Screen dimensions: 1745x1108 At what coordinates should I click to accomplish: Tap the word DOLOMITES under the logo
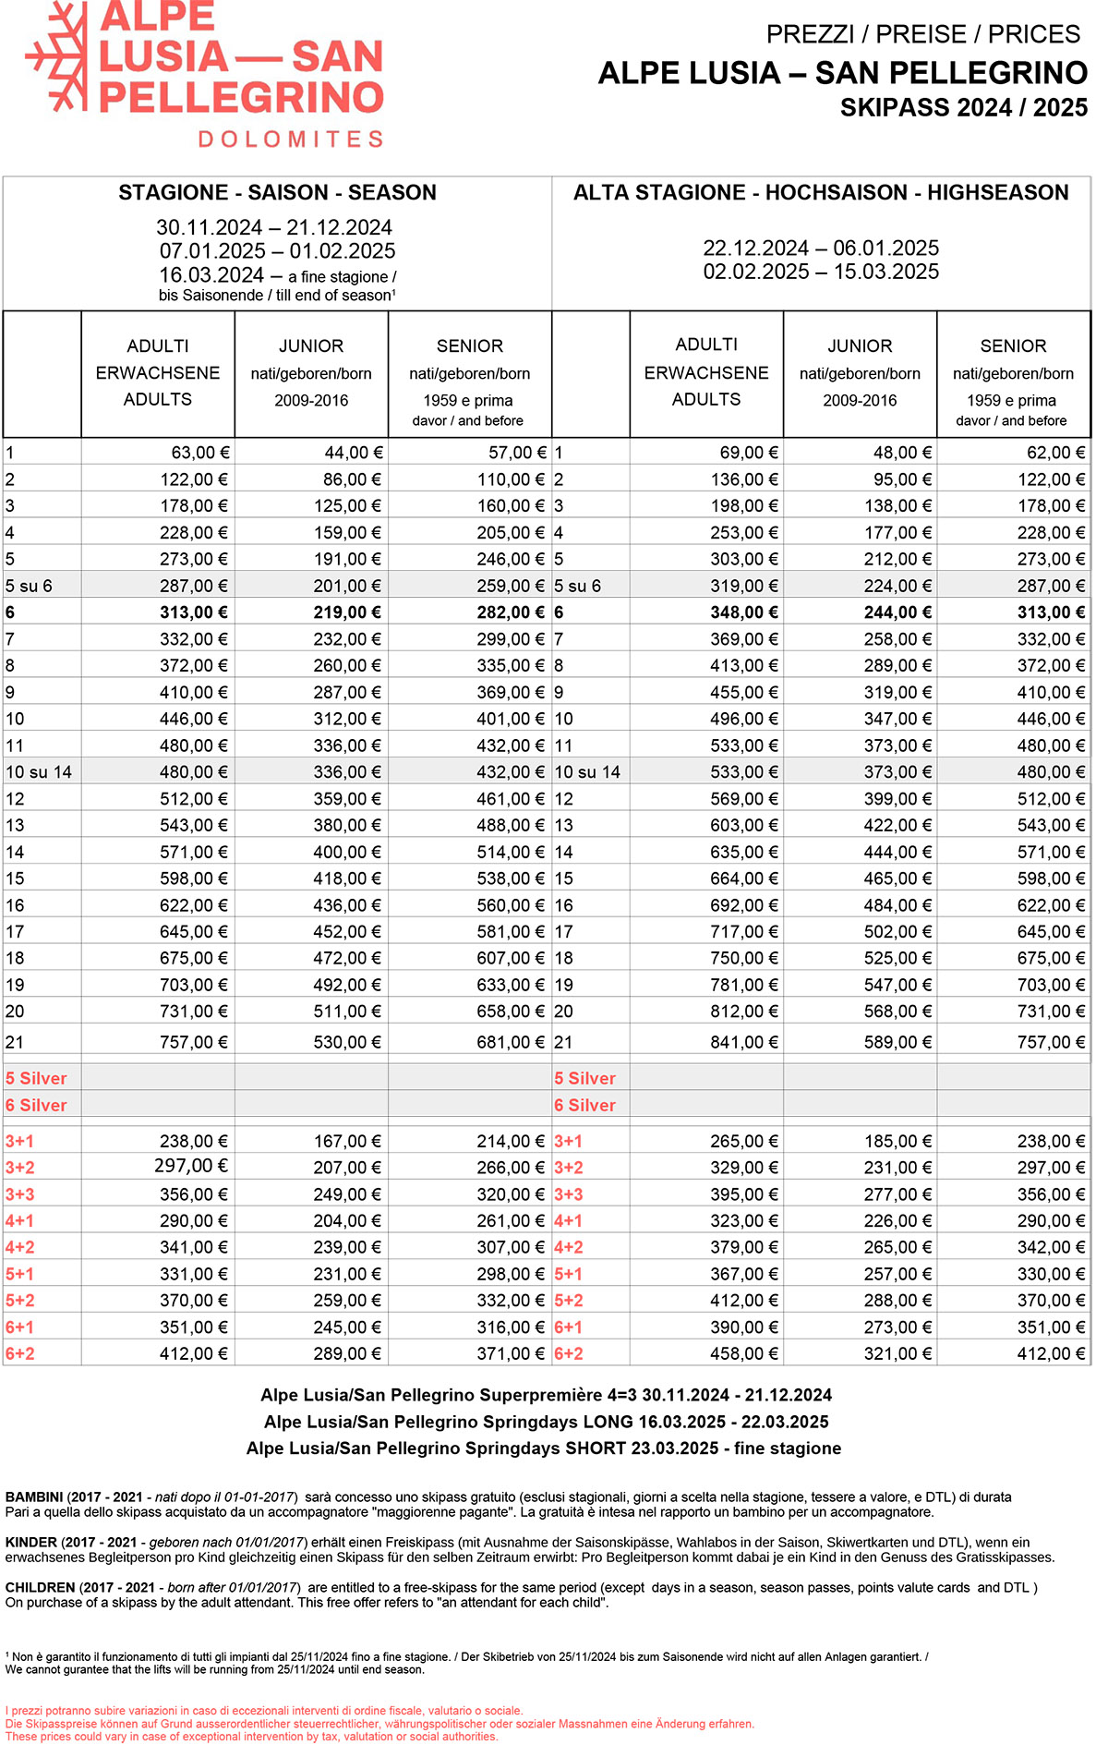click(291, 139)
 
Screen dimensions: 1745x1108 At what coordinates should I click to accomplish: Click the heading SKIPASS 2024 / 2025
click(963, 108)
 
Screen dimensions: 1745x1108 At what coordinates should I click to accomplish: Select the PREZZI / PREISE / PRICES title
click(922, 34)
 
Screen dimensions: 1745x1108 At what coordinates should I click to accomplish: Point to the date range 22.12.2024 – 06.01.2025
click(821, 248)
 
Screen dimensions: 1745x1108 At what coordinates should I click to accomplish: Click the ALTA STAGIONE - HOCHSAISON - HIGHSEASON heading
click(821, 192)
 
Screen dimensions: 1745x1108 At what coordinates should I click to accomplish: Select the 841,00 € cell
click(744, 1042)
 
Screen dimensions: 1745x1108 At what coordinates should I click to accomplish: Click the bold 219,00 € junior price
click(348, 612)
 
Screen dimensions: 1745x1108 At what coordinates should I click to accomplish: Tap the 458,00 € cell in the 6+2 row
click(744, 1354)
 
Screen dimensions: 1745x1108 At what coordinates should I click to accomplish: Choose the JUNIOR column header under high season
click(860, 345)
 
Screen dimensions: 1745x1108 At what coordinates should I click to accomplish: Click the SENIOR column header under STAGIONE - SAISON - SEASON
click(470, 345)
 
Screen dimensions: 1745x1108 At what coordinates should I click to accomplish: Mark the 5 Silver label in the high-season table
click(584, 1078)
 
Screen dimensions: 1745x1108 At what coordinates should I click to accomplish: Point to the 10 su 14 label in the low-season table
click(39, 772)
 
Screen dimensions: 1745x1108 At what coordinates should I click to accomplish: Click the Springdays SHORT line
click(544, 1448)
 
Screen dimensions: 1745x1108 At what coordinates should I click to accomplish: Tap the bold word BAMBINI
click(34, 1497)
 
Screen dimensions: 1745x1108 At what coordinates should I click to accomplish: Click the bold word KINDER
click(31, 1542)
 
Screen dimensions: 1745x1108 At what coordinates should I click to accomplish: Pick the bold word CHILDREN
click(40, 1587)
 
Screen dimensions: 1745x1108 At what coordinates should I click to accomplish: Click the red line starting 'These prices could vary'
click(251, 1736)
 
